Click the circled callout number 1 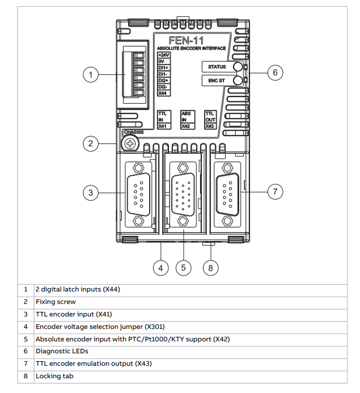[x=91, y=74]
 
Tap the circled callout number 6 [x=275, y=73]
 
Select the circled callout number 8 [x=210, y=268]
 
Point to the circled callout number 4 [x=160, y=268]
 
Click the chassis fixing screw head [x=130, y=143]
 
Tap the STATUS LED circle [x=238, y=67]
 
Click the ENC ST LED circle [x=238, y=81]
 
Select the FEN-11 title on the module [x=186, y=40]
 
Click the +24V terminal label [x=164, y=55]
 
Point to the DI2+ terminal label [x=163, y=81]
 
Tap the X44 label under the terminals [x=163, y=93]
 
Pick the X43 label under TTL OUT [x=210, y=126]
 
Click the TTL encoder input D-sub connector [x=138, y=195]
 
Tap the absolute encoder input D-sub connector [x=183, y=195]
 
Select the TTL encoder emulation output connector [x=227, y=195]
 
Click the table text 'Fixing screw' [x=56, y=302]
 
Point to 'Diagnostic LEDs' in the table [x=62, y=351]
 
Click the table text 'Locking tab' [x=54, y=376]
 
